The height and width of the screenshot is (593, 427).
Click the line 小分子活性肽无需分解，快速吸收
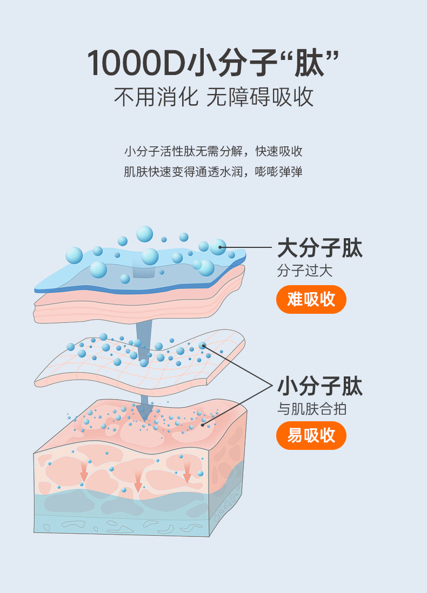tap(213, 151)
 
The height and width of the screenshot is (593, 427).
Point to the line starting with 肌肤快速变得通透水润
tap(213, 172)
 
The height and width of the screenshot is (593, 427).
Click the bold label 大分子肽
tap(319, 248)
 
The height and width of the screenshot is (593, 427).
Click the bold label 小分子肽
tap(319, 387)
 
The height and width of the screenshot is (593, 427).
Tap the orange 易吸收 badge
tap(311, 435)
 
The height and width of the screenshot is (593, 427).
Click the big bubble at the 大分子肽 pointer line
tap(218, 247)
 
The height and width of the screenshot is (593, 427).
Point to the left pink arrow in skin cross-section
tap(84, 474)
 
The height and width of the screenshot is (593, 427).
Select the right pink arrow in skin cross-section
tap(187, 473)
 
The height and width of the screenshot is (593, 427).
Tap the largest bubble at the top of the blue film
tap(145, 234)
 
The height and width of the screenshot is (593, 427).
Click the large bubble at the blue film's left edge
tap(74, 255)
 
